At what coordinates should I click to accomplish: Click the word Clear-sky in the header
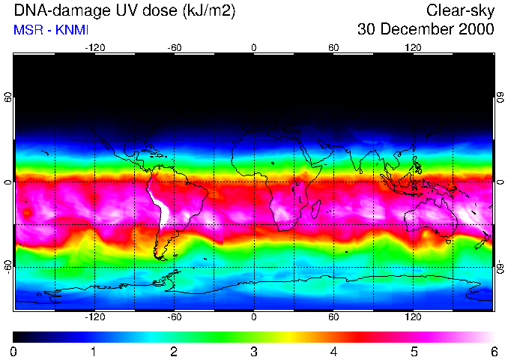tap(460, 10)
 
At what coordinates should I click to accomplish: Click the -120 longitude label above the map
tap(94, 47)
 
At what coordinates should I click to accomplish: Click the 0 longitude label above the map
tap(254, 47)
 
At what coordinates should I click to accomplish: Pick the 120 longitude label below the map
tap(413, 317)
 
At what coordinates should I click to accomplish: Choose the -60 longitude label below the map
tap(174, 317)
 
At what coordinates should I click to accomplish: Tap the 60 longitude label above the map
tap(333, 47)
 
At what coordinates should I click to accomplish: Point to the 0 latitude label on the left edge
tap(8, 182)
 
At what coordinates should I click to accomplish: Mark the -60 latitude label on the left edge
tap(8, 266)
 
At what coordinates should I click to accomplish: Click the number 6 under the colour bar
tap(494, 352)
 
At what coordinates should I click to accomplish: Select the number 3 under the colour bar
tap(253, 352)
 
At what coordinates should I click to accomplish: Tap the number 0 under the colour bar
tap(14, 352)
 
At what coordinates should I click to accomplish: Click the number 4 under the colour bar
tap(333, 352)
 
